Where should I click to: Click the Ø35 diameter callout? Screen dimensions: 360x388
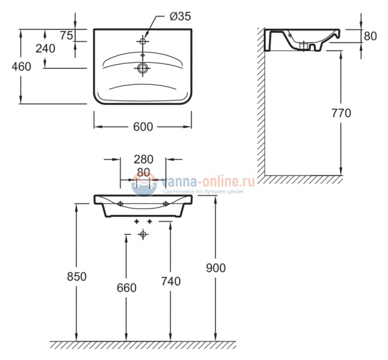tap(180, 17)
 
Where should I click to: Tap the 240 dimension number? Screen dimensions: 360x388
tap(45, 49)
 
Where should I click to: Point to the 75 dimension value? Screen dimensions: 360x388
tap(66, 35)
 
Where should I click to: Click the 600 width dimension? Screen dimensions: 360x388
tap(143, 127)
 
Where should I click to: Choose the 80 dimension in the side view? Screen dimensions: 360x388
tap(370, 36)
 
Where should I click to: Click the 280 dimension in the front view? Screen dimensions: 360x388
tap(143, 159)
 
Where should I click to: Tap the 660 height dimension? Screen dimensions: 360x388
tap(126, 288)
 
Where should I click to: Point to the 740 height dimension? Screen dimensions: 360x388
tap(170, 282)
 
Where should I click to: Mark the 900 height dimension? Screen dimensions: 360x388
tap(215, 268)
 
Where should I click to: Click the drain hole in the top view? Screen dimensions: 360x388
tap(143, 69)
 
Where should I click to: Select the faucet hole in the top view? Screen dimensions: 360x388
tap(143, 41)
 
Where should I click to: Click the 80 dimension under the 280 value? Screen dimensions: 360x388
tap(143, 172)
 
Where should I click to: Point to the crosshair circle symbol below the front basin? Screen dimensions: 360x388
tap(143, 235)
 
